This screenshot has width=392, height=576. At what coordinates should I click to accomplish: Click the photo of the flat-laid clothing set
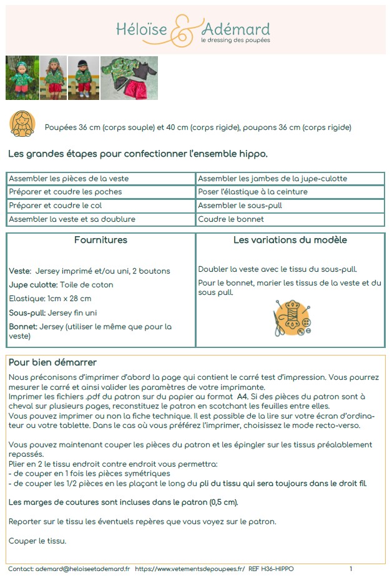(x=129, y=78)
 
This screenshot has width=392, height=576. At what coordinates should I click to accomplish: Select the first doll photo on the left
(x=22, y=78)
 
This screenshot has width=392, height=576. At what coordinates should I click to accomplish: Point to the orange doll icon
(x=22, y=123)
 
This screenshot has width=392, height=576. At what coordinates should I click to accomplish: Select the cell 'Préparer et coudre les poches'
(x=66, y=192)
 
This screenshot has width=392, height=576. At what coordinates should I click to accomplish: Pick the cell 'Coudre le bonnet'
(x=222, y=219)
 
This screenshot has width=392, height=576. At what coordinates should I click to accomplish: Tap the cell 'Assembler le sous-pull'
(x=232, y=206)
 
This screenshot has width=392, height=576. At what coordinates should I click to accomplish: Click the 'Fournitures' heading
(x=100, y=240)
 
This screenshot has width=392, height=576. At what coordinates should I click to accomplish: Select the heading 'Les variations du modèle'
(x=290, y=240)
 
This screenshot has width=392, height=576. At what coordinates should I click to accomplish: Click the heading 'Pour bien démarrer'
(x=52, y=362)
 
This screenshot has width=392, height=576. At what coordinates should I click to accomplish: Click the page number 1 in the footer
(x=351, y=569)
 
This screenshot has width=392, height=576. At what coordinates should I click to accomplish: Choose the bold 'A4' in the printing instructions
(x=244, y=396)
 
